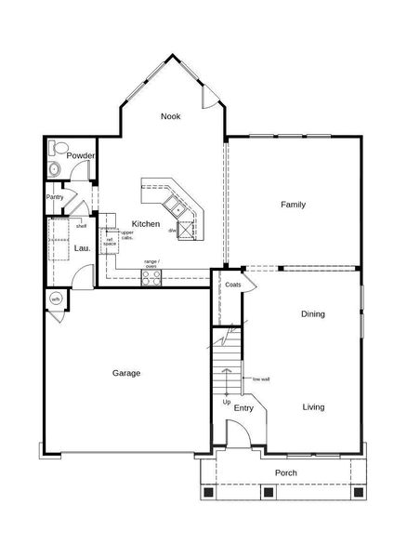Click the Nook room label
[170, 116]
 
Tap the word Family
[294, 205]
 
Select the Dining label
[312, 314]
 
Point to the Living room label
[313, 406]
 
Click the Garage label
[126, 373]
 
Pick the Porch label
[286, 472]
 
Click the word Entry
[244, 407]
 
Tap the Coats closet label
[233, 285]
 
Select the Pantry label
[55, 197]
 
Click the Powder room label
[80, 155]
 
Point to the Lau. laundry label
[68, 247]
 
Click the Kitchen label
[146, 224]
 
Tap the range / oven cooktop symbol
[151, 275]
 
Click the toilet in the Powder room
[59, 148]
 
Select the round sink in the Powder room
[55, 169]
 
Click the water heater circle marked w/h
[56, 299]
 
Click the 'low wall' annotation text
[260, 379]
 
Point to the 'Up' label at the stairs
[227, 401]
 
